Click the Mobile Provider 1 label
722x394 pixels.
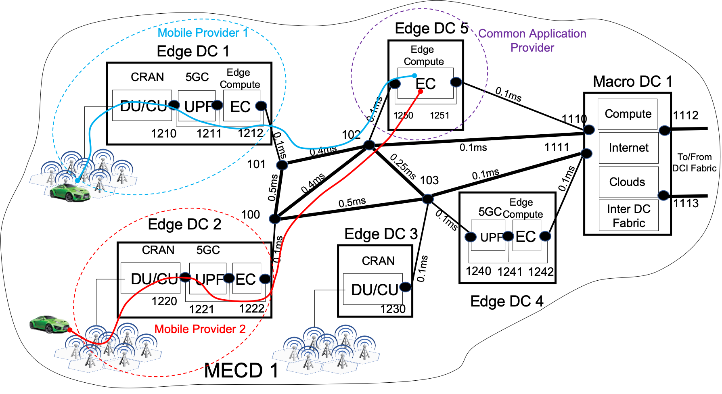click(x=203, y=33)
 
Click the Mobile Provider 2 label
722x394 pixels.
click(x=200, y=329)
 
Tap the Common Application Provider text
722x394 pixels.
click(x=532, y=40)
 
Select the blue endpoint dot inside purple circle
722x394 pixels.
click(x=414, y=75)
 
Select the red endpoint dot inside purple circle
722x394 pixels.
click(x=421, y=92)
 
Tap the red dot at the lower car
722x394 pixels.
click(x=70, y=330)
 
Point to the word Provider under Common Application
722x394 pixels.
click(x=532, y=48)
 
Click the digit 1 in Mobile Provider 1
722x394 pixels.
click(x=245, y=33)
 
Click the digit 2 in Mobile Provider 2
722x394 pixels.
click(x=242, y=329)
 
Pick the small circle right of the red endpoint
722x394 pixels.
click(x=456, y=82)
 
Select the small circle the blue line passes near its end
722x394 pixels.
click(x=395, y=84)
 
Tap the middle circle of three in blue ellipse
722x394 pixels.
click(x=217, y=105)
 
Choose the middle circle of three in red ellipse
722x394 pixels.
click(x=229, y=278)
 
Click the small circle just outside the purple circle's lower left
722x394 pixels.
click(x=369, y=145)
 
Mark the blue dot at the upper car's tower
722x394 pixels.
click(x=77, y=180)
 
